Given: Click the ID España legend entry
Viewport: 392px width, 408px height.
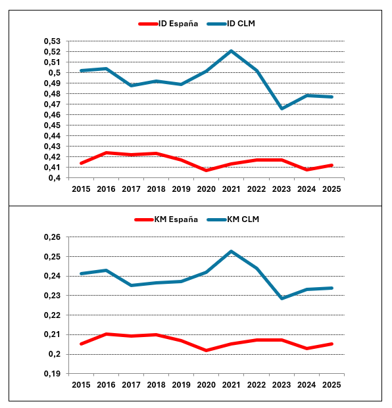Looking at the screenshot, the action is click(168, 24).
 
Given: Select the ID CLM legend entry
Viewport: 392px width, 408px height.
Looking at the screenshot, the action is click(231, 24).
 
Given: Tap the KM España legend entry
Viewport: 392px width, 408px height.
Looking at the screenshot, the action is click(166, 219).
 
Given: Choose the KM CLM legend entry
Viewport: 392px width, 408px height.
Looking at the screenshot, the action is click(233, 219).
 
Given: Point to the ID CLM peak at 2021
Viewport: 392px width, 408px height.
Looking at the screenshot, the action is click(231, 51).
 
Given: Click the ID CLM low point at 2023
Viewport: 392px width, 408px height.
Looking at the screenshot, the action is click(282, 108).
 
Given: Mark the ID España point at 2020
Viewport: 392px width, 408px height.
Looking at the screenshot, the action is click(207, 170).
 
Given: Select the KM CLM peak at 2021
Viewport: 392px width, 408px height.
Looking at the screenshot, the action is click(231, 252).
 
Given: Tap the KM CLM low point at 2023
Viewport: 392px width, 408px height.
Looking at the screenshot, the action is click(282, 298).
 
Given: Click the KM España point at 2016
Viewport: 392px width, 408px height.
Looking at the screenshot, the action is click(107, 334).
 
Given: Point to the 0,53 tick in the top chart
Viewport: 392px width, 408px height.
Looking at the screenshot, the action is click(52, 41).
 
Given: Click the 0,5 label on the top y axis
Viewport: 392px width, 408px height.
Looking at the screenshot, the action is click(54, 72).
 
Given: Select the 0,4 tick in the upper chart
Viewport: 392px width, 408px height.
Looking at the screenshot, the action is click(54, 178).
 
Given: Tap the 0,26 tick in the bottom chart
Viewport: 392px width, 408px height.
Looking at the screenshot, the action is click(52, 237).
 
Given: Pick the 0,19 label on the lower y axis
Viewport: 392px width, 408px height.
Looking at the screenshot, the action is click(52, 374).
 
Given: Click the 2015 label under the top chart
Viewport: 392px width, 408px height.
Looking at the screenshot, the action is click(81, 189).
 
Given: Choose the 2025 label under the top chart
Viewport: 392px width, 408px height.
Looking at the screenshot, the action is click(331, 189).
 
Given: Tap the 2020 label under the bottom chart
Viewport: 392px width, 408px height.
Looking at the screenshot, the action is click(207, 385).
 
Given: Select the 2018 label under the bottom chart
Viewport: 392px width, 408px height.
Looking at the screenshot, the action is click(157, 385).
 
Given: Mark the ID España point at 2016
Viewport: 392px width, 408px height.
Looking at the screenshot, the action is click(107, 152).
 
